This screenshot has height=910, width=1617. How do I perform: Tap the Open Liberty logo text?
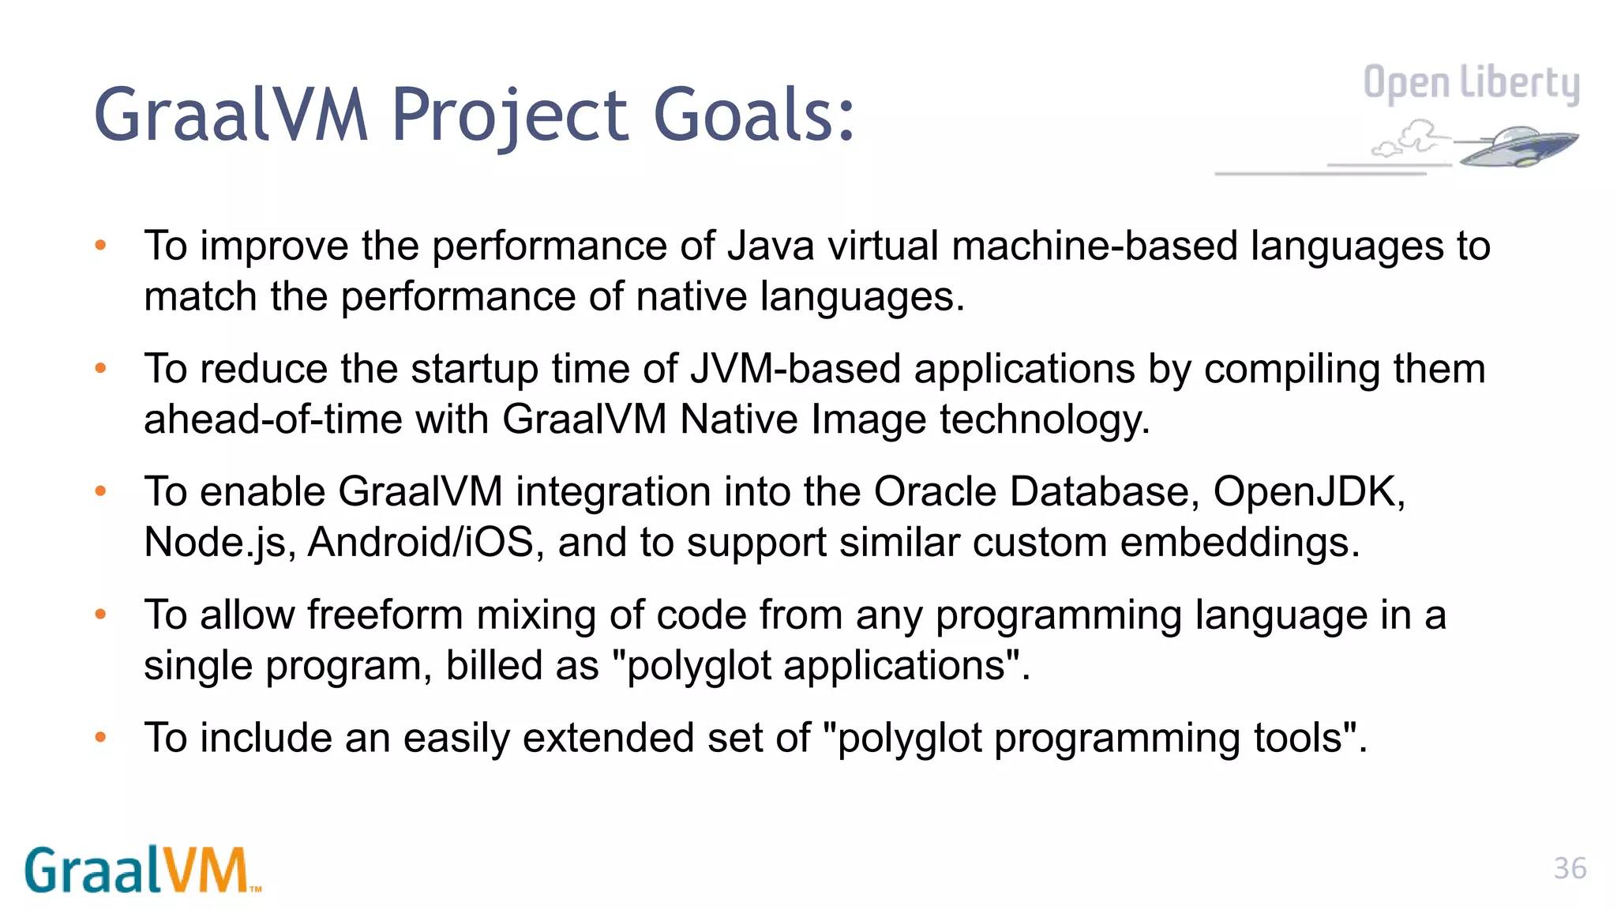point(1471,84)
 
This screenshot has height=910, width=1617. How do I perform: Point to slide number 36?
point(1570,868)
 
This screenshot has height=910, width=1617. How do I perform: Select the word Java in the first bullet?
point(771,246)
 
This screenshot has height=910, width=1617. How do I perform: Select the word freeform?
point(385,615)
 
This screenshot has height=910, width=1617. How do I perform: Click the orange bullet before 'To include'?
point(100,738)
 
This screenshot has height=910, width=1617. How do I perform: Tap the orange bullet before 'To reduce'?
point(100,368)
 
